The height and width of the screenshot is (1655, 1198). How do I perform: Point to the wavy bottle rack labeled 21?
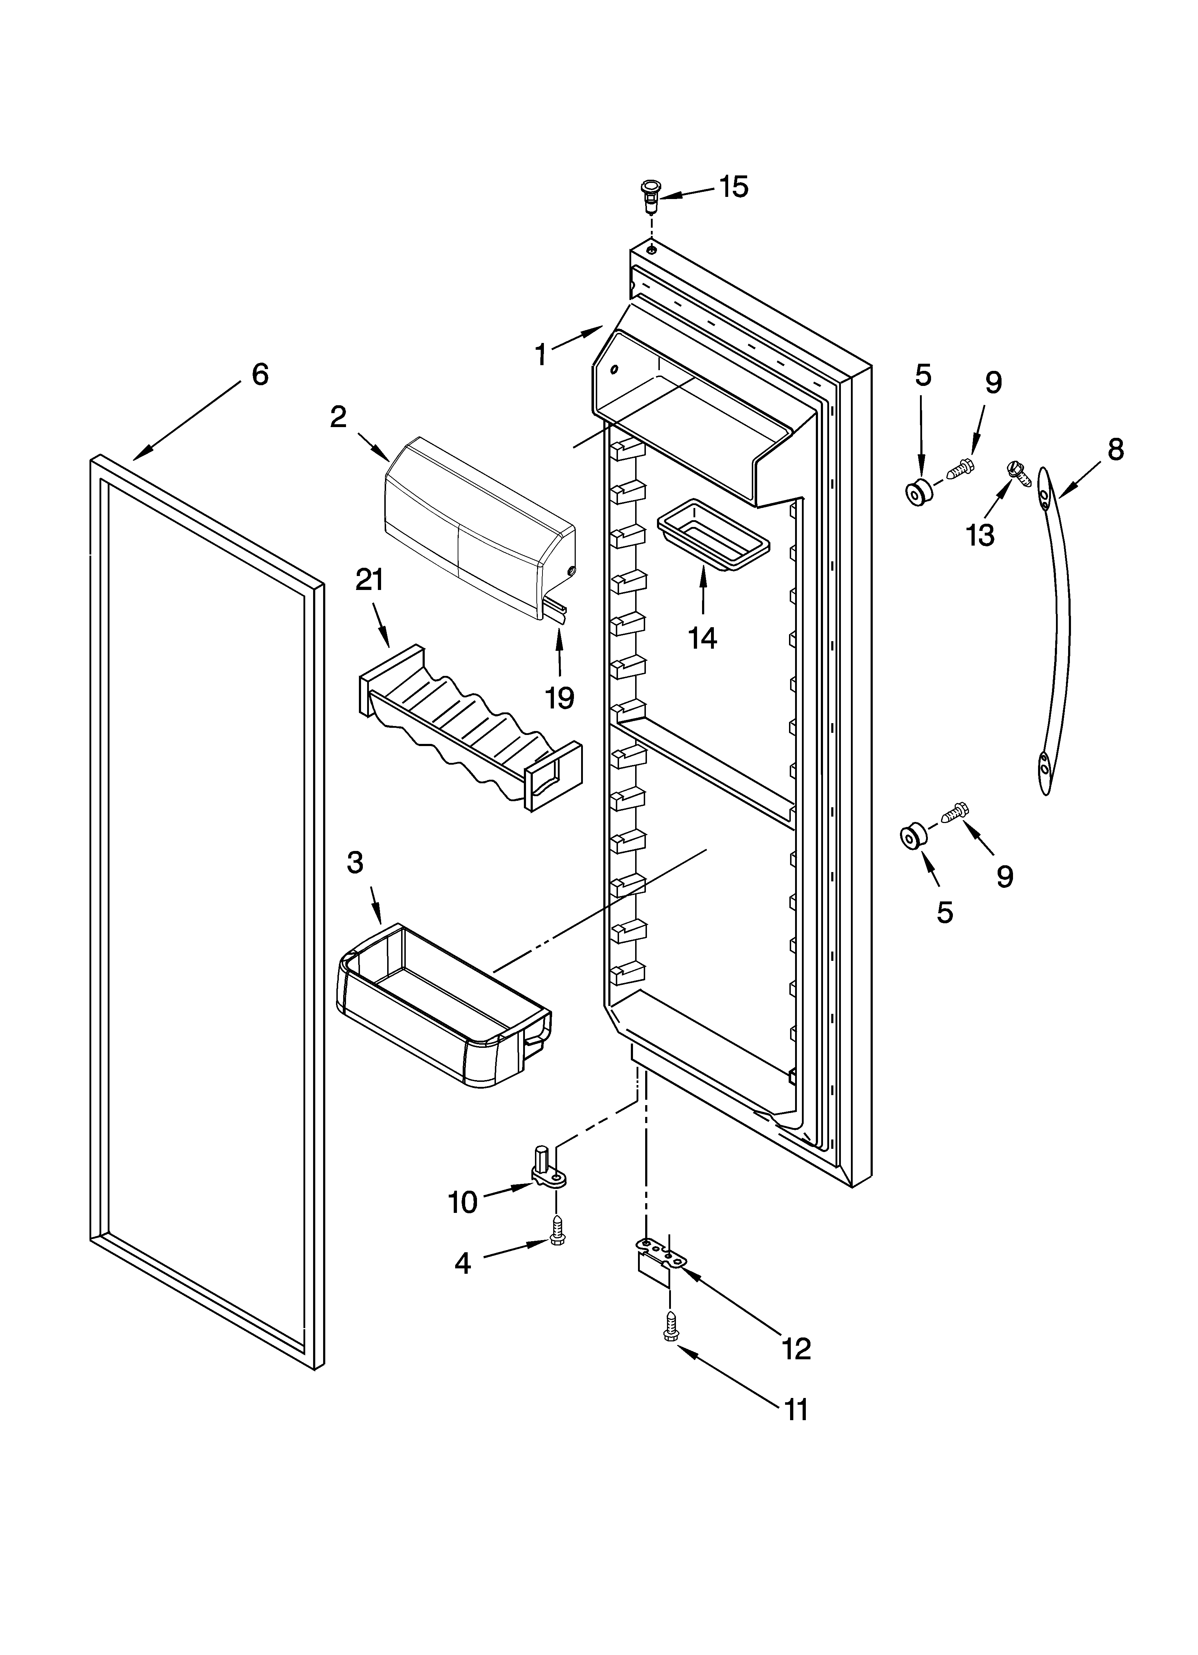point(471,730)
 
